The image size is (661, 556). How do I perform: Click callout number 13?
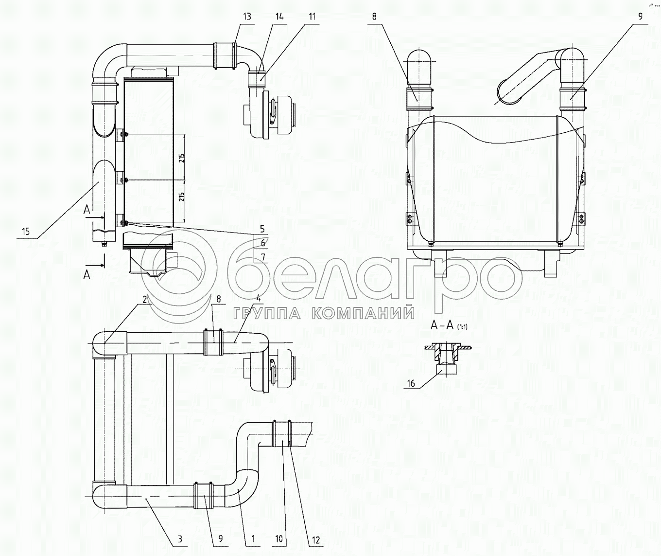pyautogui.click(x=247, y=17)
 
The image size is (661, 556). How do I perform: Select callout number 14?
pyautogui.click(x=279, y=17)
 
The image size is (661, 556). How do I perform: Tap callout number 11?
pyautogui.click(x=313, y=17)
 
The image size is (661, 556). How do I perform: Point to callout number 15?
pyautogui.click(x=26, y=232)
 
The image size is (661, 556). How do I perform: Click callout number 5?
pyautogui.click(x=262, y=229)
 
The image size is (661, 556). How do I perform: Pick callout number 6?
pyautogui.click(x=263, y=243)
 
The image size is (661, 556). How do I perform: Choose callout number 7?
pyautogui.click(x=263, y=257)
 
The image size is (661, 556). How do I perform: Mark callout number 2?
pyautogui.click(x=145, y=299)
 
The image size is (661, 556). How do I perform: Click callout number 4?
pyautogui.click(x=259, y=298)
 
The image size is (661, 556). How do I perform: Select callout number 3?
pyautogui.click(x=180, y=539)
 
